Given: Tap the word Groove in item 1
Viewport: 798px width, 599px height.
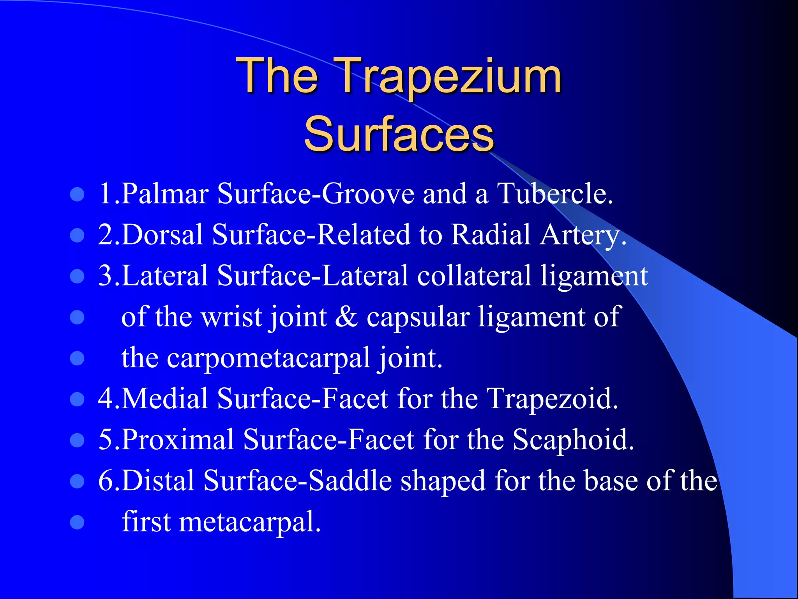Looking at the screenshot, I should click(368, 193).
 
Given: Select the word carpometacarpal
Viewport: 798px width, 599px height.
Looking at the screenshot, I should click(269, 358).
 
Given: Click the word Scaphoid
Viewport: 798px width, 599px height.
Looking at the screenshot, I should click(573, 440).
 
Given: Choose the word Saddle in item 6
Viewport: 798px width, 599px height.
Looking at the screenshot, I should click(350, 480).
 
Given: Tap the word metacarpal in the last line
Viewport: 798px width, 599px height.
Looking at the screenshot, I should click(249, 522).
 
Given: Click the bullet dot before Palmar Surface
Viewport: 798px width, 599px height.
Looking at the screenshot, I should click(77, 194).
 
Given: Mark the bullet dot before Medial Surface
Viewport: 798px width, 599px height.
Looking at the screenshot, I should click(77, 399).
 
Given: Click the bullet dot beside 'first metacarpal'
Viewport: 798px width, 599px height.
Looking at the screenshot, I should click(77, 522).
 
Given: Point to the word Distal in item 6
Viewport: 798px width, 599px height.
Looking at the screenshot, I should click(158, 480).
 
